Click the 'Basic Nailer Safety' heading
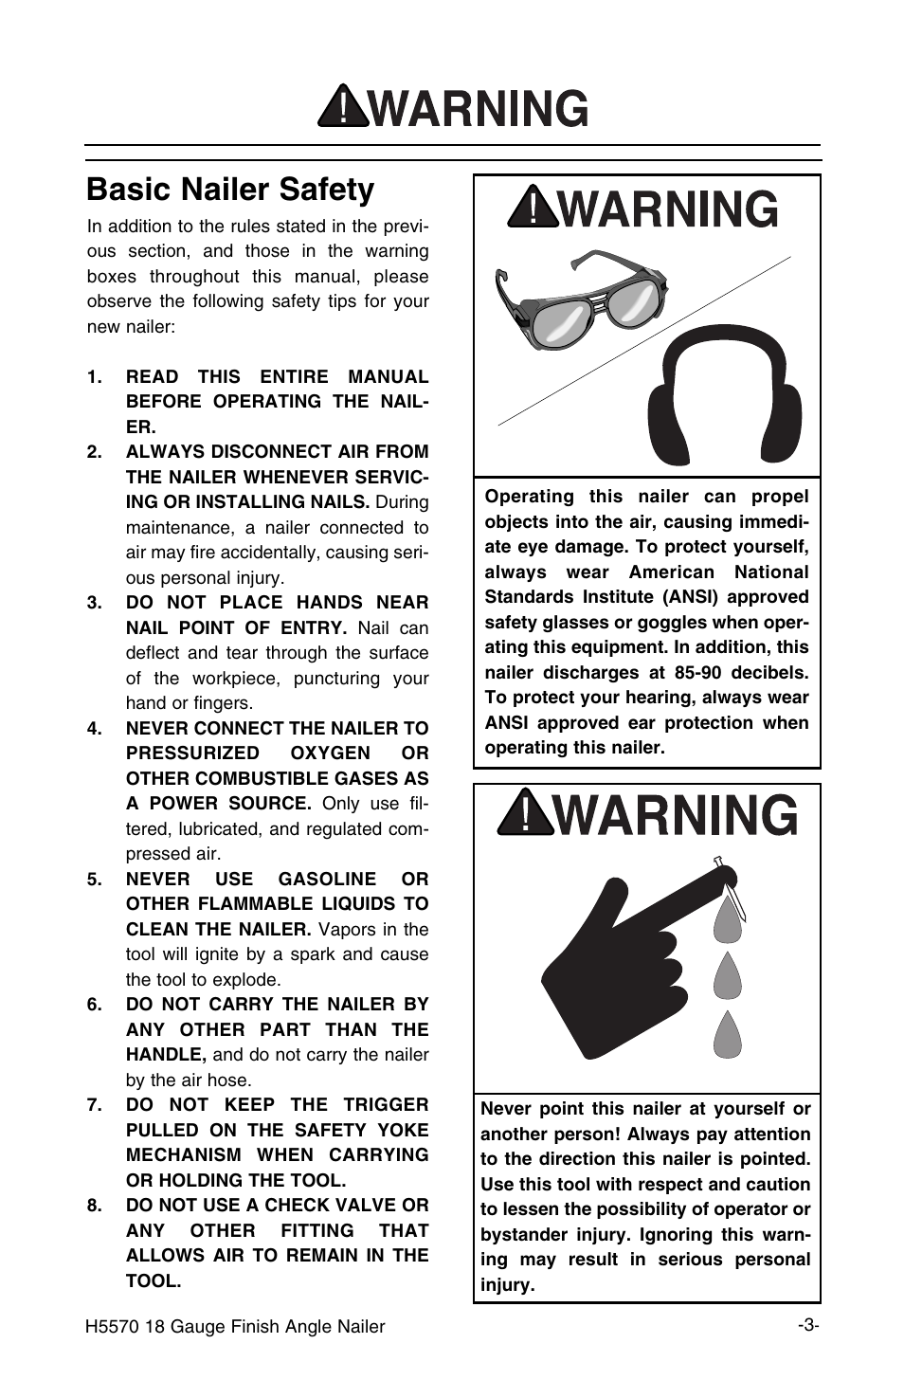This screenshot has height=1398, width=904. pos(230,190)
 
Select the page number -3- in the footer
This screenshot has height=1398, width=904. pos(807,1325)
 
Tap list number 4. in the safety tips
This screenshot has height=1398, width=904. pos(94,729)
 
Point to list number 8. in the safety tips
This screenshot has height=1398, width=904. pos(94,1206)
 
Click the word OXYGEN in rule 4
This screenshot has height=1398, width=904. pos(331,753)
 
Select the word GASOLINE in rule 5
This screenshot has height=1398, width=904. pos(328,880)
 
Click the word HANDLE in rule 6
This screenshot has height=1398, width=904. pos(165,1055)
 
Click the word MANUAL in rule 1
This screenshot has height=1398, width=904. pos(388,377)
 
